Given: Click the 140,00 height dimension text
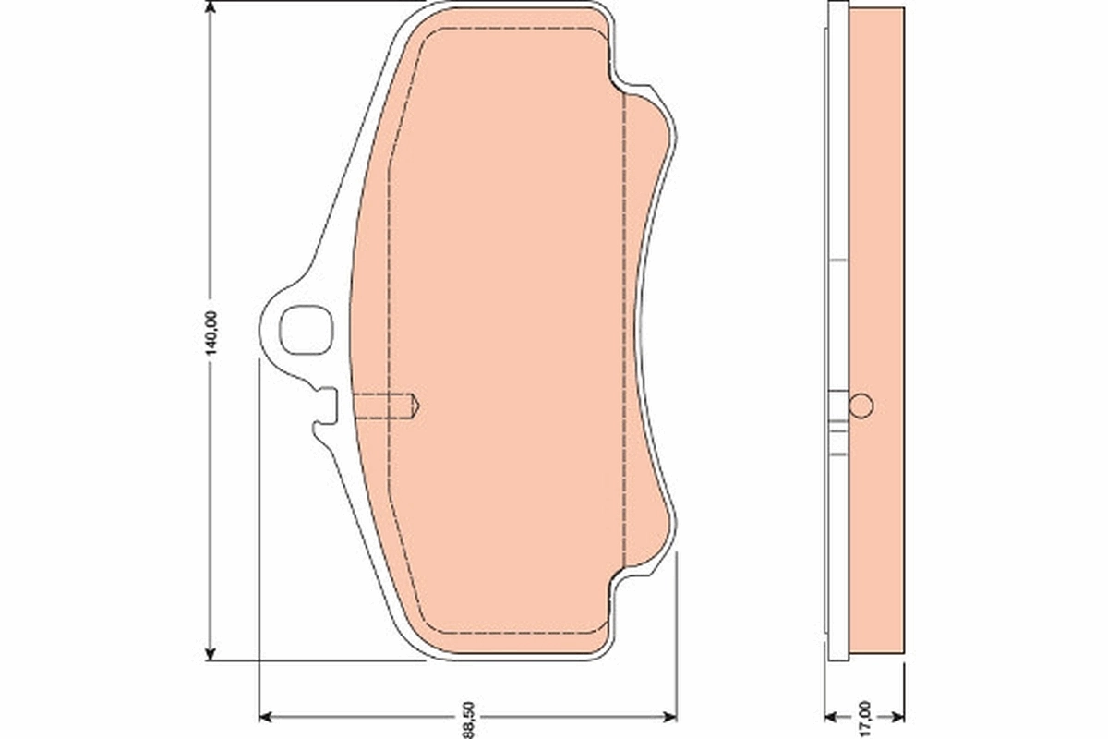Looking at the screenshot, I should coord(211,333).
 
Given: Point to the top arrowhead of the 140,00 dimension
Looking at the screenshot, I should coord(211,9).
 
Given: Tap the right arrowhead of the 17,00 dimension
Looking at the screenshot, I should coord(897,716).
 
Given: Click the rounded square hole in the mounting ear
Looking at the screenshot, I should coord(305,327).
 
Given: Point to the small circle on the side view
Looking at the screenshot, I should coord(861,406).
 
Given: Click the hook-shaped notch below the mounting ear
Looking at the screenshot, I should coord(325,412).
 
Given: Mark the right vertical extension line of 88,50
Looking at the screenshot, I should coord(677,637).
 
